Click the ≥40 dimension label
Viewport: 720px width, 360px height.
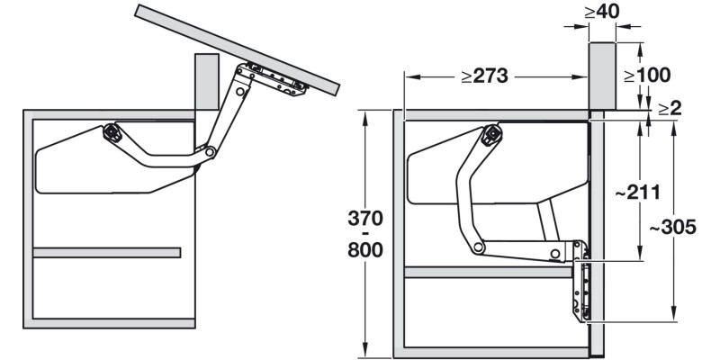[602, 12]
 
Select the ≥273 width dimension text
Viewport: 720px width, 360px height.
[484, 76]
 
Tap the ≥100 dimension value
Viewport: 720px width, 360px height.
[647, 76]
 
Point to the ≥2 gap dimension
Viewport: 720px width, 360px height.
[670, 109]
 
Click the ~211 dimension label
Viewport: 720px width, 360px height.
[638, 193]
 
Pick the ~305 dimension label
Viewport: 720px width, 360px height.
[673, 227]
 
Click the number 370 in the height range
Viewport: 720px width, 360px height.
[365, 219]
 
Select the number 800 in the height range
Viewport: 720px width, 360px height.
[365, 250]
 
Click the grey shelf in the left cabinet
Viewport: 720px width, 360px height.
[106, 253]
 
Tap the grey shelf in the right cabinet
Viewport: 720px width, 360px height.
[489, 273]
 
